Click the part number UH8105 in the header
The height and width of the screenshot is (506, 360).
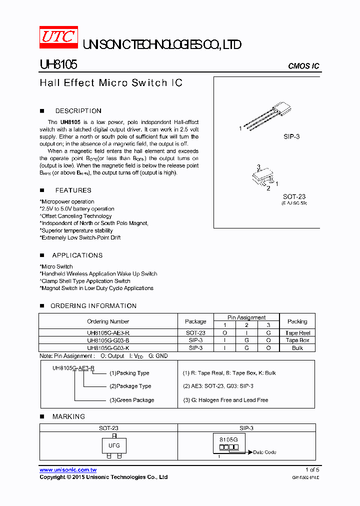pyautogui.click(x=57, y=65)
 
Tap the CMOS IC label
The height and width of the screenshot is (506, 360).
pyautogui.click(x=303, y=66)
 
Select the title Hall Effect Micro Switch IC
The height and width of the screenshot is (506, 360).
pyautogui.click(x=111, y=83)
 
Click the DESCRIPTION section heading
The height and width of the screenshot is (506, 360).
pyautogui.click(x=78, y=111)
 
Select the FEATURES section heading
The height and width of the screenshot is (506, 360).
pyautogui.click(x=73, y=190)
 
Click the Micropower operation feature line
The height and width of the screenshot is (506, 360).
pyautogui.click(x=67, y=202)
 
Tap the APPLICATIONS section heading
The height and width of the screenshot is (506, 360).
pyautogui.click(x=77, y=255)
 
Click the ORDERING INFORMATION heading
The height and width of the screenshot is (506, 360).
pyautogui.click(x=93, y=306)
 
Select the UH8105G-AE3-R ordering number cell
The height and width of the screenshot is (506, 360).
pyautogui.click(x=108, y=333)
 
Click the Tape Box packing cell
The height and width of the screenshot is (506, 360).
pyautogui.click(x=297, y=340)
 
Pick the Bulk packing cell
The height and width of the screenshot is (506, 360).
pyautogui.click(x=297, y=348)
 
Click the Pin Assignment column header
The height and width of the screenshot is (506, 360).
pyautogui.click(x=246, y=317)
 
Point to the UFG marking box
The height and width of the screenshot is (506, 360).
pyautogui.click(x=114, y=445)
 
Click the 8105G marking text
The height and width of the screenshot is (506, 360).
pyautogui.click(x=229, y=439)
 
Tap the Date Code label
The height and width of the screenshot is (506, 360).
pyautogui.click(x=264, y=452)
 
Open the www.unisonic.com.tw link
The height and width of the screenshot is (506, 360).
pyautogui.click(x=68, y=470)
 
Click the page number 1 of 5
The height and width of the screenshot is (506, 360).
pyautogui.click(x=312, y=470)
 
